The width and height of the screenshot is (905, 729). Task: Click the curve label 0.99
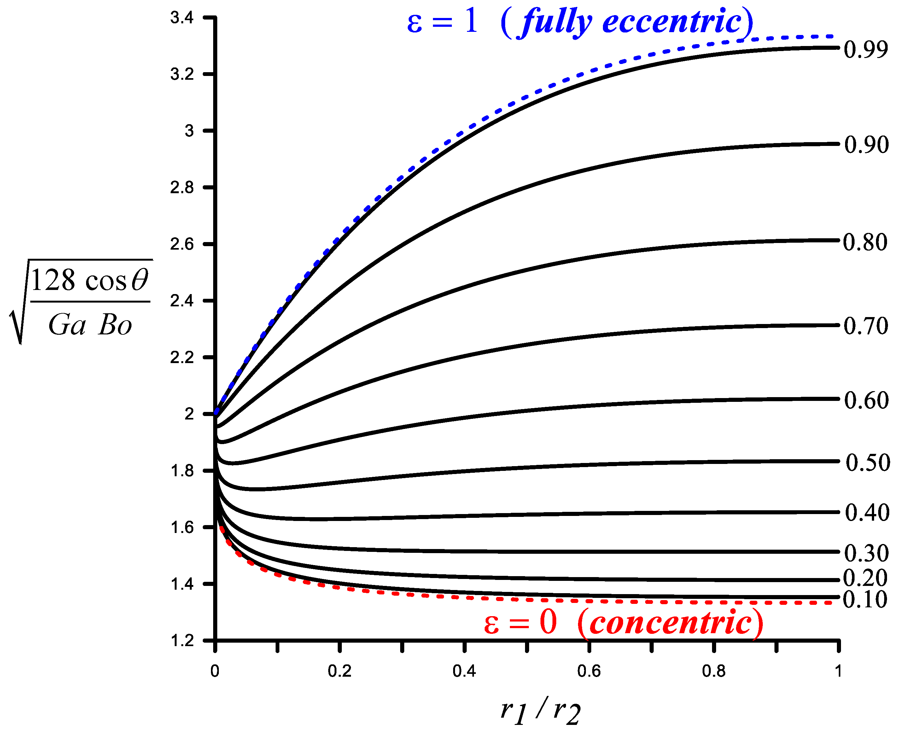pos(866,49)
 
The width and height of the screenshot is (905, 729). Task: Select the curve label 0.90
pos(866,145)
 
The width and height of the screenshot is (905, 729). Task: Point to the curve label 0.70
pos(866,326)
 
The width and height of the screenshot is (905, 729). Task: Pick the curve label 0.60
pos(866,400)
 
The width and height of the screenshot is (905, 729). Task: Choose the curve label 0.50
pos(867,463)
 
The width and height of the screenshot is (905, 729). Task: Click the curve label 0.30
pos(866,553)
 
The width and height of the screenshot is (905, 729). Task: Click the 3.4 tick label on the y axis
pos(182,18)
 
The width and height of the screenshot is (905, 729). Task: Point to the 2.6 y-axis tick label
pos(182,244)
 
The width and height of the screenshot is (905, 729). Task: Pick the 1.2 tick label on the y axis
pos(182,641)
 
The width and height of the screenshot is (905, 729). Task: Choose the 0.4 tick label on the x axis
pos(464,671)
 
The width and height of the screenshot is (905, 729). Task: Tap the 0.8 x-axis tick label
pos(713,671)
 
